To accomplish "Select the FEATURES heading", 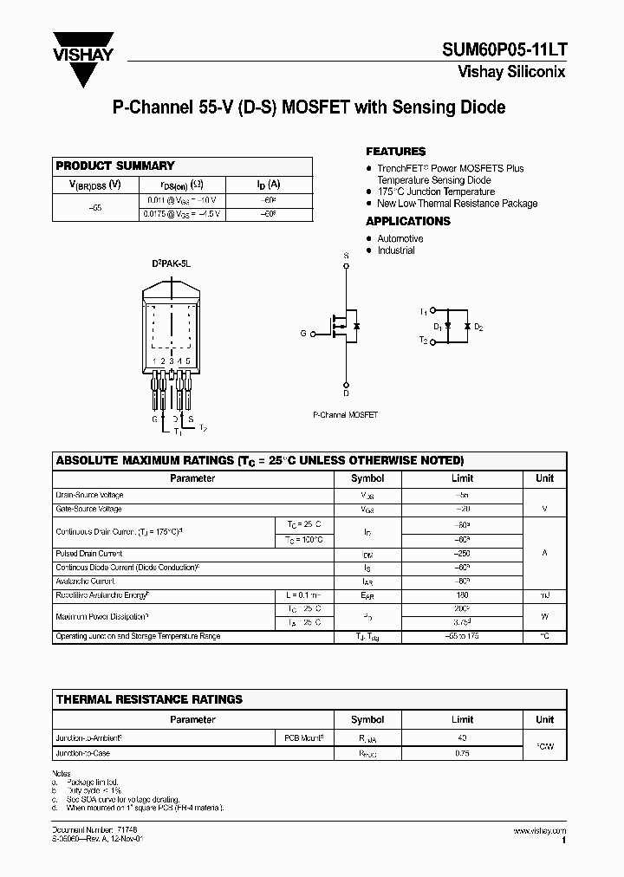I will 395,152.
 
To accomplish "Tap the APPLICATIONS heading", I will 407,221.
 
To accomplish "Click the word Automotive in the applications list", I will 400,238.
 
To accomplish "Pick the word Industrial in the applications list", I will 395,250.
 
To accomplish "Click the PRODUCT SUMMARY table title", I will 114,166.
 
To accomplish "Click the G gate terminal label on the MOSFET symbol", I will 303,332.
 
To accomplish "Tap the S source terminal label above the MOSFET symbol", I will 346,256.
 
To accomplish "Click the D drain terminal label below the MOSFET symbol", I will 346,393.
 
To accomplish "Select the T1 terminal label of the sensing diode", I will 423,310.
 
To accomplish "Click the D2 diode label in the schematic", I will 478,328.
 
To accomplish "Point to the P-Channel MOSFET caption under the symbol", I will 345,415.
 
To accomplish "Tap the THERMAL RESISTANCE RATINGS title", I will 149,699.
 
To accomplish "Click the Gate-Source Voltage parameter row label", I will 89,510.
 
